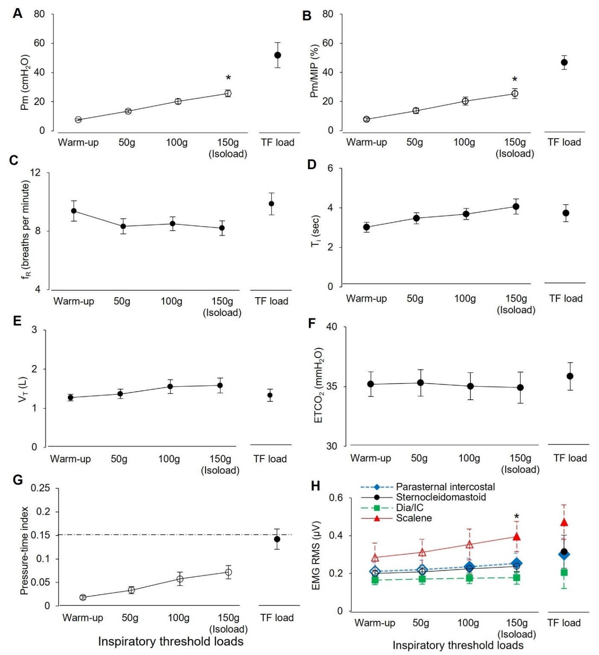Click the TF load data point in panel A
[278, 55]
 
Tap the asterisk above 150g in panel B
[515, 79]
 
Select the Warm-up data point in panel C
[74, 211]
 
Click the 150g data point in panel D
[516, 207]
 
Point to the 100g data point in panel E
[170, 386]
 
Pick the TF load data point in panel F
[570, 376]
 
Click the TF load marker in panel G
[277, 539]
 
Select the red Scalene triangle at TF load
[564, 522]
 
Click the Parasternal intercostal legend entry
[445, 487]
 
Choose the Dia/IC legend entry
[409, 508]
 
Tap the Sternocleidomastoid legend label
[440, 497]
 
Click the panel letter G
[18, 480]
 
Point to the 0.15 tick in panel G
[41, 535]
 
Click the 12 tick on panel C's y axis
[35, 173]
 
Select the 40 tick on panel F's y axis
[332, 327]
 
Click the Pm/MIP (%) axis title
[315, 71]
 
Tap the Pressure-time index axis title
[24, 551]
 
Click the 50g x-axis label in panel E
[119, 459]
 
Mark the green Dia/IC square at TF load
[564, 572]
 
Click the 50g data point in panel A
[128, 111]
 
